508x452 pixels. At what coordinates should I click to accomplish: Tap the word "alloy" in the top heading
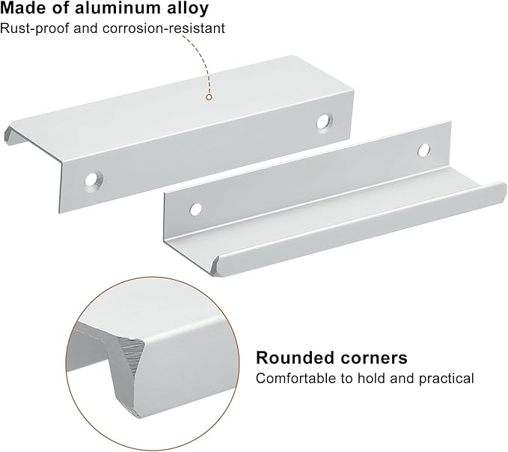click(188, 9)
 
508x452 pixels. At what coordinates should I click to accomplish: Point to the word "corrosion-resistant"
click(164, 28)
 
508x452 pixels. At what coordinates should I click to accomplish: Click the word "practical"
click(447, 379)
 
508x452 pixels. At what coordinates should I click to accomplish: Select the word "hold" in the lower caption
click(372, 378)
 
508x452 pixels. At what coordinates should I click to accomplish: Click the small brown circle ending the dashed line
click(209, 97)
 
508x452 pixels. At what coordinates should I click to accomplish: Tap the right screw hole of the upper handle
click(323, 122)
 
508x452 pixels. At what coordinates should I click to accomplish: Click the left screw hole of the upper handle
click(94, 179)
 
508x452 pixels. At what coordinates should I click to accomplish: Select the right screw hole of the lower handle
click(423, 150)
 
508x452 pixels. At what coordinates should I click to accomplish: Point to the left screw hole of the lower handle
click(195, 209)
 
